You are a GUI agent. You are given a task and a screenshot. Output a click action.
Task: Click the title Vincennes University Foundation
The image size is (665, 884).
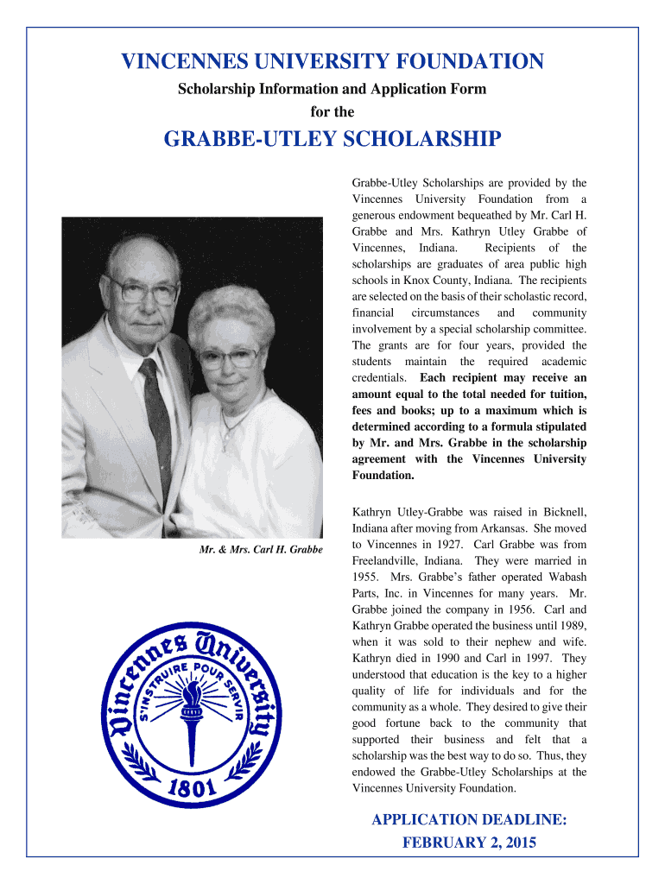coord(332,61)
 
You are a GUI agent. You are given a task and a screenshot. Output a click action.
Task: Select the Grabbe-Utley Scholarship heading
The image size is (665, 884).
coord(332,140)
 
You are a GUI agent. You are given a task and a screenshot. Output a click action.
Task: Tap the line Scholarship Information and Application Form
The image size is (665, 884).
coord(332,89)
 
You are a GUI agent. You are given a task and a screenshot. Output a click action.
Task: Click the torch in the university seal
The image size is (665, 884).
coord(189,708)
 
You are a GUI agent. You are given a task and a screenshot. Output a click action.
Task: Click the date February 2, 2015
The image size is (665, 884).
coord(469,843)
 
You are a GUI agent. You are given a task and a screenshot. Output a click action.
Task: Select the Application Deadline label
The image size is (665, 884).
coord(469,819)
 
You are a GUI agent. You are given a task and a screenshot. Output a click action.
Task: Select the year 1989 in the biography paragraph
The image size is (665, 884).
coord(571,626)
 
